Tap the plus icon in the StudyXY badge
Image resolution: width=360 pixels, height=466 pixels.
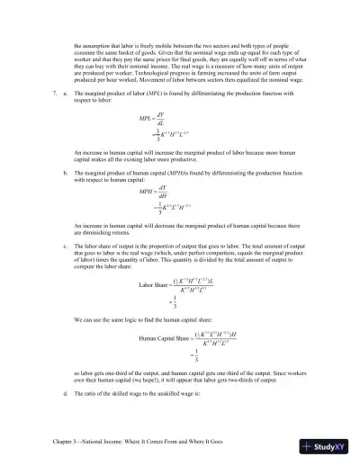309,447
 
